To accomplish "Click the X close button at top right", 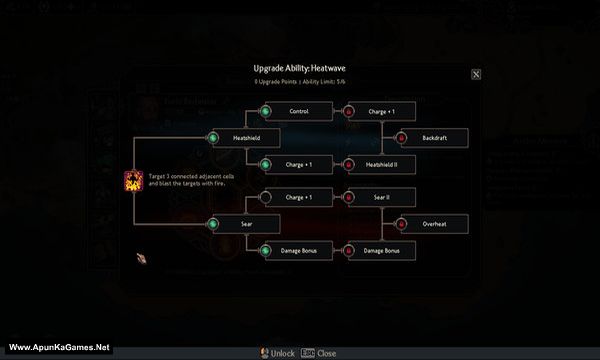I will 476,73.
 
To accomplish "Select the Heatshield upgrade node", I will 246,138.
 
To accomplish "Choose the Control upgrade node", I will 298,111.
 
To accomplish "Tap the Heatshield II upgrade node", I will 381,165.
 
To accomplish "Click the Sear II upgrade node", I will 381,197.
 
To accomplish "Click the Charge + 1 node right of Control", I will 381,111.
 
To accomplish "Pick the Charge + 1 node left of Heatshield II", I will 298,165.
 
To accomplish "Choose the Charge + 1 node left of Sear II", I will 298,197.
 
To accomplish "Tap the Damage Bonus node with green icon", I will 298,250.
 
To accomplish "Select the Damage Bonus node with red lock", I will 381,250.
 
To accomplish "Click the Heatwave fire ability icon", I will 132,181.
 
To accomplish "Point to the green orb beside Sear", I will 212,224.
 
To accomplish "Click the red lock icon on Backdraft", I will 402,138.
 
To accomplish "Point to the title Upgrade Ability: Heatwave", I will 300,68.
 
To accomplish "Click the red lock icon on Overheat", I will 402,224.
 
